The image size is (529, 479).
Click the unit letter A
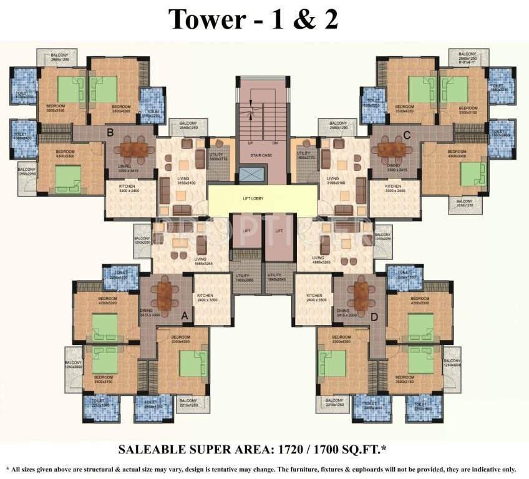[x=185, y=316]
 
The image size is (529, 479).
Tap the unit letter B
[x=110, y=132]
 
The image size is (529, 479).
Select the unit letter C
[x=406, y=133]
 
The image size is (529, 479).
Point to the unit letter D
[x=374, y=317]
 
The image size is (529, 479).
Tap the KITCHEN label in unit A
[x=206, y=296]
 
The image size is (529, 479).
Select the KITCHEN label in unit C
[x=392, y=186]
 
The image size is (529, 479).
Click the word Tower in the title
[x=205, y=19]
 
